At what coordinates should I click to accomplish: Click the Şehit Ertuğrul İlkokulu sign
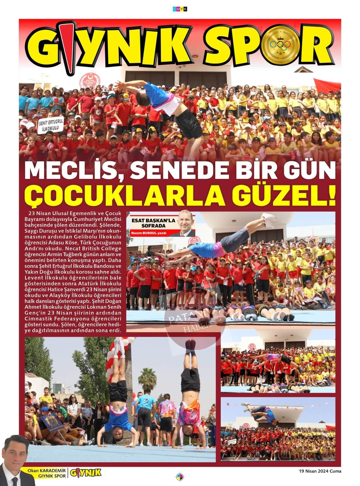tap(51, 125)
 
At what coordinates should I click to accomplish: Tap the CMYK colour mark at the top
tap(180, 9)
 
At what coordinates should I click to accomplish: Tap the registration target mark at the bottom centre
tap(180, 476)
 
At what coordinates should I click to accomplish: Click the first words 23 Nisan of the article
tap(39, 214)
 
